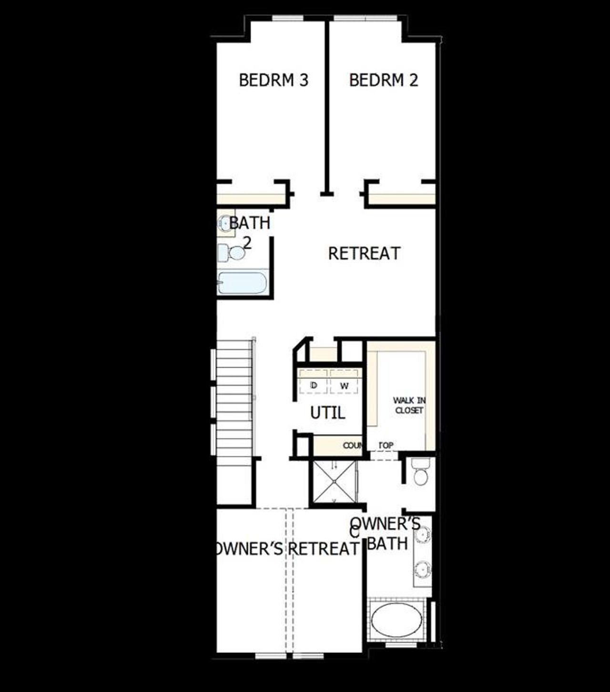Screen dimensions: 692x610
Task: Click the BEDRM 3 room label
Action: click(274, 80)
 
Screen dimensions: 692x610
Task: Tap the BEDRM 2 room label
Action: click(383, 80)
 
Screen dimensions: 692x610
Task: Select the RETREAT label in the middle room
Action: click(364, 254)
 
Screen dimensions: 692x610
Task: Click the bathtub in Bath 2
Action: click(243, 283)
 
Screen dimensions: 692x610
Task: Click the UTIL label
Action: click(327, 413)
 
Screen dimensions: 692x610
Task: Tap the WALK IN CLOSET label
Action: click(409, 405)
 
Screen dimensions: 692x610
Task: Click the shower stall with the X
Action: click(334, 481)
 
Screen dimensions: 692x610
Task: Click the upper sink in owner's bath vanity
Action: click(422, 535)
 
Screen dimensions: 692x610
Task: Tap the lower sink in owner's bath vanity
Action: click(422, 569)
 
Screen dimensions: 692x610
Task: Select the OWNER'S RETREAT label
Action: click(286, 549)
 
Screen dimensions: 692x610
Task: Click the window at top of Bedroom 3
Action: click(287, 19)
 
